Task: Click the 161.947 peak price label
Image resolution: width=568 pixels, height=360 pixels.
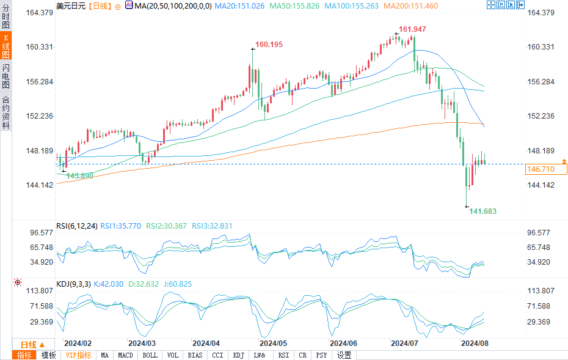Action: (x=412, y=29)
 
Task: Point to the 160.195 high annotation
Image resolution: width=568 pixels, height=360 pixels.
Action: (x=269, y=45)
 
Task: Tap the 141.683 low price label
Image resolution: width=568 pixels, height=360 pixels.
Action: (x=482, y=211)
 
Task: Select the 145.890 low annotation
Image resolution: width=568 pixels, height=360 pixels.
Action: (x=79, y=175)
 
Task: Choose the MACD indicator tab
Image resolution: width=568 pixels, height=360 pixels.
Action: (x=125, y=355)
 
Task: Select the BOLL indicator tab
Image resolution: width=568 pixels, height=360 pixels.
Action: (x=150, y=355)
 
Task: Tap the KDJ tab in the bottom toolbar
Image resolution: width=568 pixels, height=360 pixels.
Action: (x=239, y=355)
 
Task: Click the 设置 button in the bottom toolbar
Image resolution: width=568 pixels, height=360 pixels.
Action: (x=344, y=355)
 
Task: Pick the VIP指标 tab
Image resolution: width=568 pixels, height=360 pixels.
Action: (x=78, y=355)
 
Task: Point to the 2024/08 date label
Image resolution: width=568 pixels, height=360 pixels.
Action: (x=475, y=343)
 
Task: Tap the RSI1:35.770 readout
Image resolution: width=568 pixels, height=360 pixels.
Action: (x=121, y=226)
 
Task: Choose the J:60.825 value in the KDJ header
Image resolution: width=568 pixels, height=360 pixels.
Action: (x=177, y=284)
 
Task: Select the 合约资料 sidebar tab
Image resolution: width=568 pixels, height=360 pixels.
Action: (x=5, y=112)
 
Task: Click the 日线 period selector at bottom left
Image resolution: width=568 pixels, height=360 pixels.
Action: (x=29, y=344)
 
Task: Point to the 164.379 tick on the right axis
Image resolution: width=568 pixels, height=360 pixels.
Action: (x=540, y=13)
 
